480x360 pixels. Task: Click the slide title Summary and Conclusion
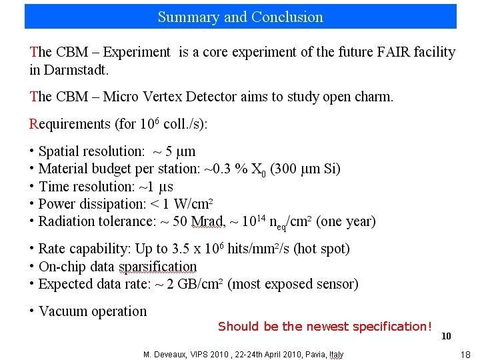240,17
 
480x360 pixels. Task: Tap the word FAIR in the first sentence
363,52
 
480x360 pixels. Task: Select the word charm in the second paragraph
375,97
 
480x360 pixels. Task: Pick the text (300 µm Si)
305,169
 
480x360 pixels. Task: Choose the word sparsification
157,267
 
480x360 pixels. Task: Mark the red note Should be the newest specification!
325,327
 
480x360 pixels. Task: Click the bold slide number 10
446,336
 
